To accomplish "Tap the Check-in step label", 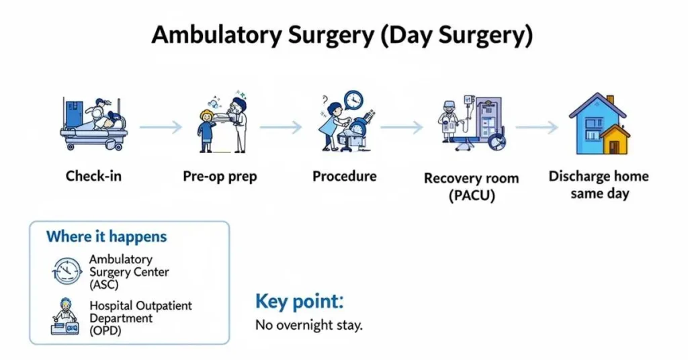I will point(93,177).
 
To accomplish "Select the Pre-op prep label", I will point(220,177).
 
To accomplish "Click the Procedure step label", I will point(344,177).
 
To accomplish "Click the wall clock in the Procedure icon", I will point(353,101).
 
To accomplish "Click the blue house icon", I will point(597,125).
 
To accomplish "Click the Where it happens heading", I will point(106,236).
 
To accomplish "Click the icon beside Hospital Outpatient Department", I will point(66,318).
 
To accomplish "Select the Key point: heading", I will point(299,302).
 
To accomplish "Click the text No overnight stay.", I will point(308,326).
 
